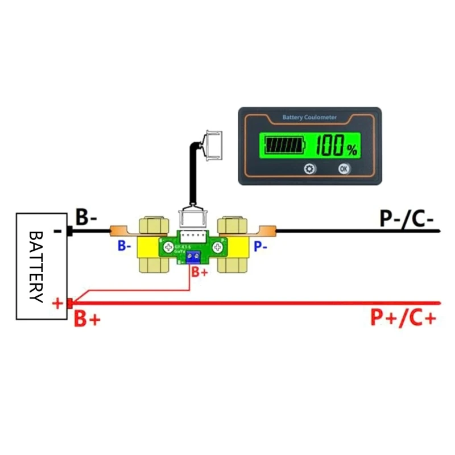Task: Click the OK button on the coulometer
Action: [343, 169]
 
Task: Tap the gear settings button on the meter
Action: [309, 169]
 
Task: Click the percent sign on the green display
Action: [353, 150]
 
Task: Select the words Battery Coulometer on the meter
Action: [309, 118]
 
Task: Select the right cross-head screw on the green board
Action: [217, 247]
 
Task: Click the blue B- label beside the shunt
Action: [125, 246]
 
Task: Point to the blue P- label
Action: [260, 246]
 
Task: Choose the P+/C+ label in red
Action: [403, 318]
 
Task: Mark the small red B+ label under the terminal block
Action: [200, 273]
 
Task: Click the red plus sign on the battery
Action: [57, 303]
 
